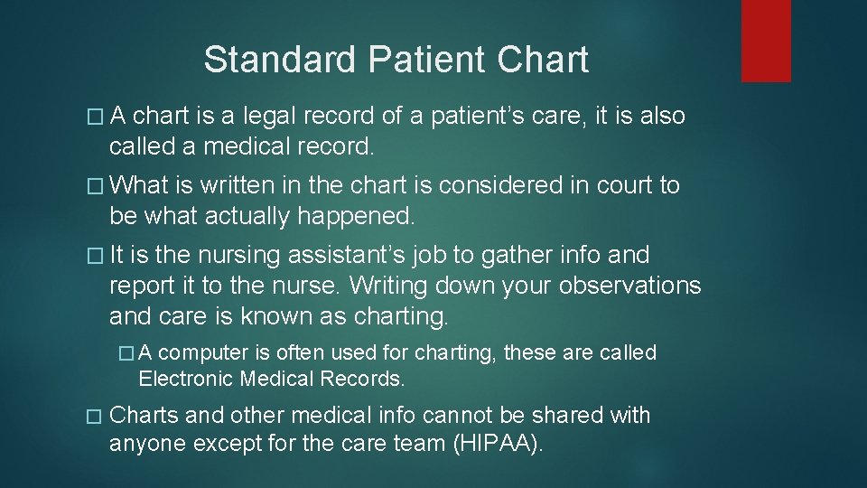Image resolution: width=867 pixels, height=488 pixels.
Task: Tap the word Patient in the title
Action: (x=427, y=60)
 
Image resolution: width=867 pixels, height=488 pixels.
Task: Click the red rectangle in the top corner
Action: (x=766, y=41)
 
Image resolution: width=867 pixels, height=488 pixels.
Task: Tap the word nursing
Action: (x=236, y=256)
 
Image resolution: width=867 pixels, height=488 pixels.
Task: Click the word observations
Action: (x=629, y=286)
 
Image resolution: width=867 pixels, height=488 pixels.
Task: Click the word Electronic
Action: (x=185, y=378)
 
